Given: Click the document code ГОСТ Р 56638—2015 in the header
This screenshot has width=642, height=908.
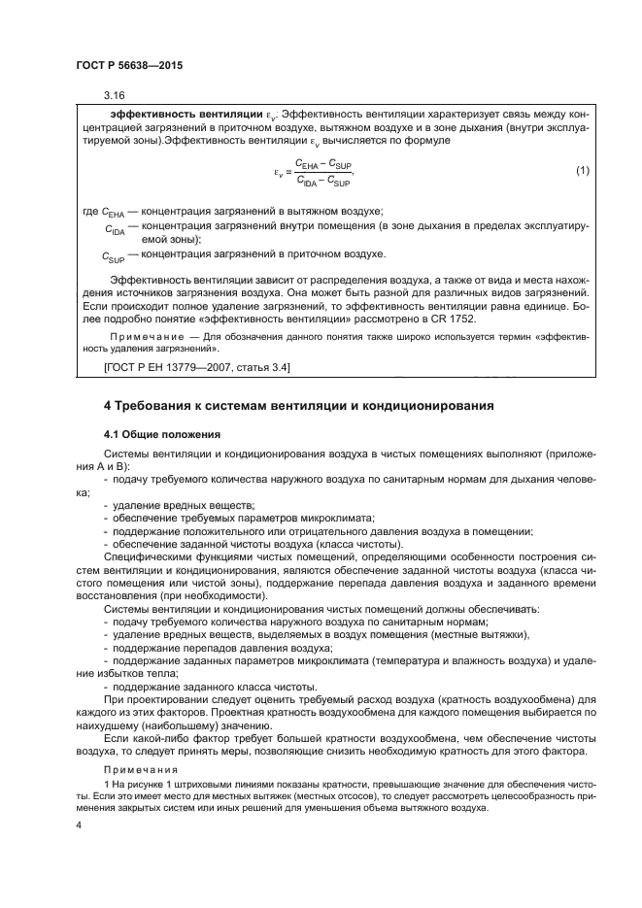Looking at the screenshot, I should (128, 64).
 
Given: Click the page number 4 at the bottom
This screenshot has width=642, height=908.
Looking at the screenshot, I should (79, 824).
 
